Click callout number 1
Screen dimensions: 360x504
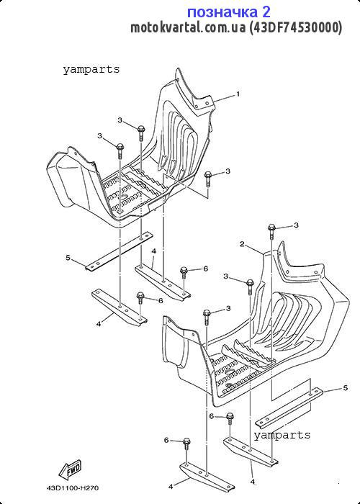238,94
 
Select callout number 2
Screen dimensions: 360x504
243,244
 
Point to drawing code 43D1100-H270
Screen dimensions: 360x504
73,488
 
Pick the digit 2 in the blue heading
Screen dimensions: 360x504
266,12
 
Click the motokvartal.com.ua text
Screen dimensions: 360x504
188,28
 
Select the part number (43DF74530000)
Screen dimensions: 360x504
296,28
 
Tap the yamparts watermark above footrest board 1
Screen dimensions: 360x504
91,69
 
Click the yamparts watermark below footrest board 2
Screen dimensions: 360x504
282,435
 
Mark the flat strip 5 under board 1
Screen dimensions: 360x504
120,250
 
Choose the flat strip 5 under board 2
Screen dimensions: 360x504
289,408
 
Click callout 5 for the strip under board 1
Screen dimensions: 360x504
68,258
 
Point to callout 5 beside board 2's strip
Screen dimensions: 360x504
346,388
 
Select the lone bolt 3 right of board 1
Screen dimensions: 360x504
208,179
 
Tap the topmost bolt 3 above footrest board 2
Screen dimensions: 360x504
272,231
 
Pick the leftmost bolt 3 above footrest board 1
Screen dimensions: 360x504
120,150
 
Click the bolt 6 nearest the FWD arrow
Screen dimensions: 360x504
186,445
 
